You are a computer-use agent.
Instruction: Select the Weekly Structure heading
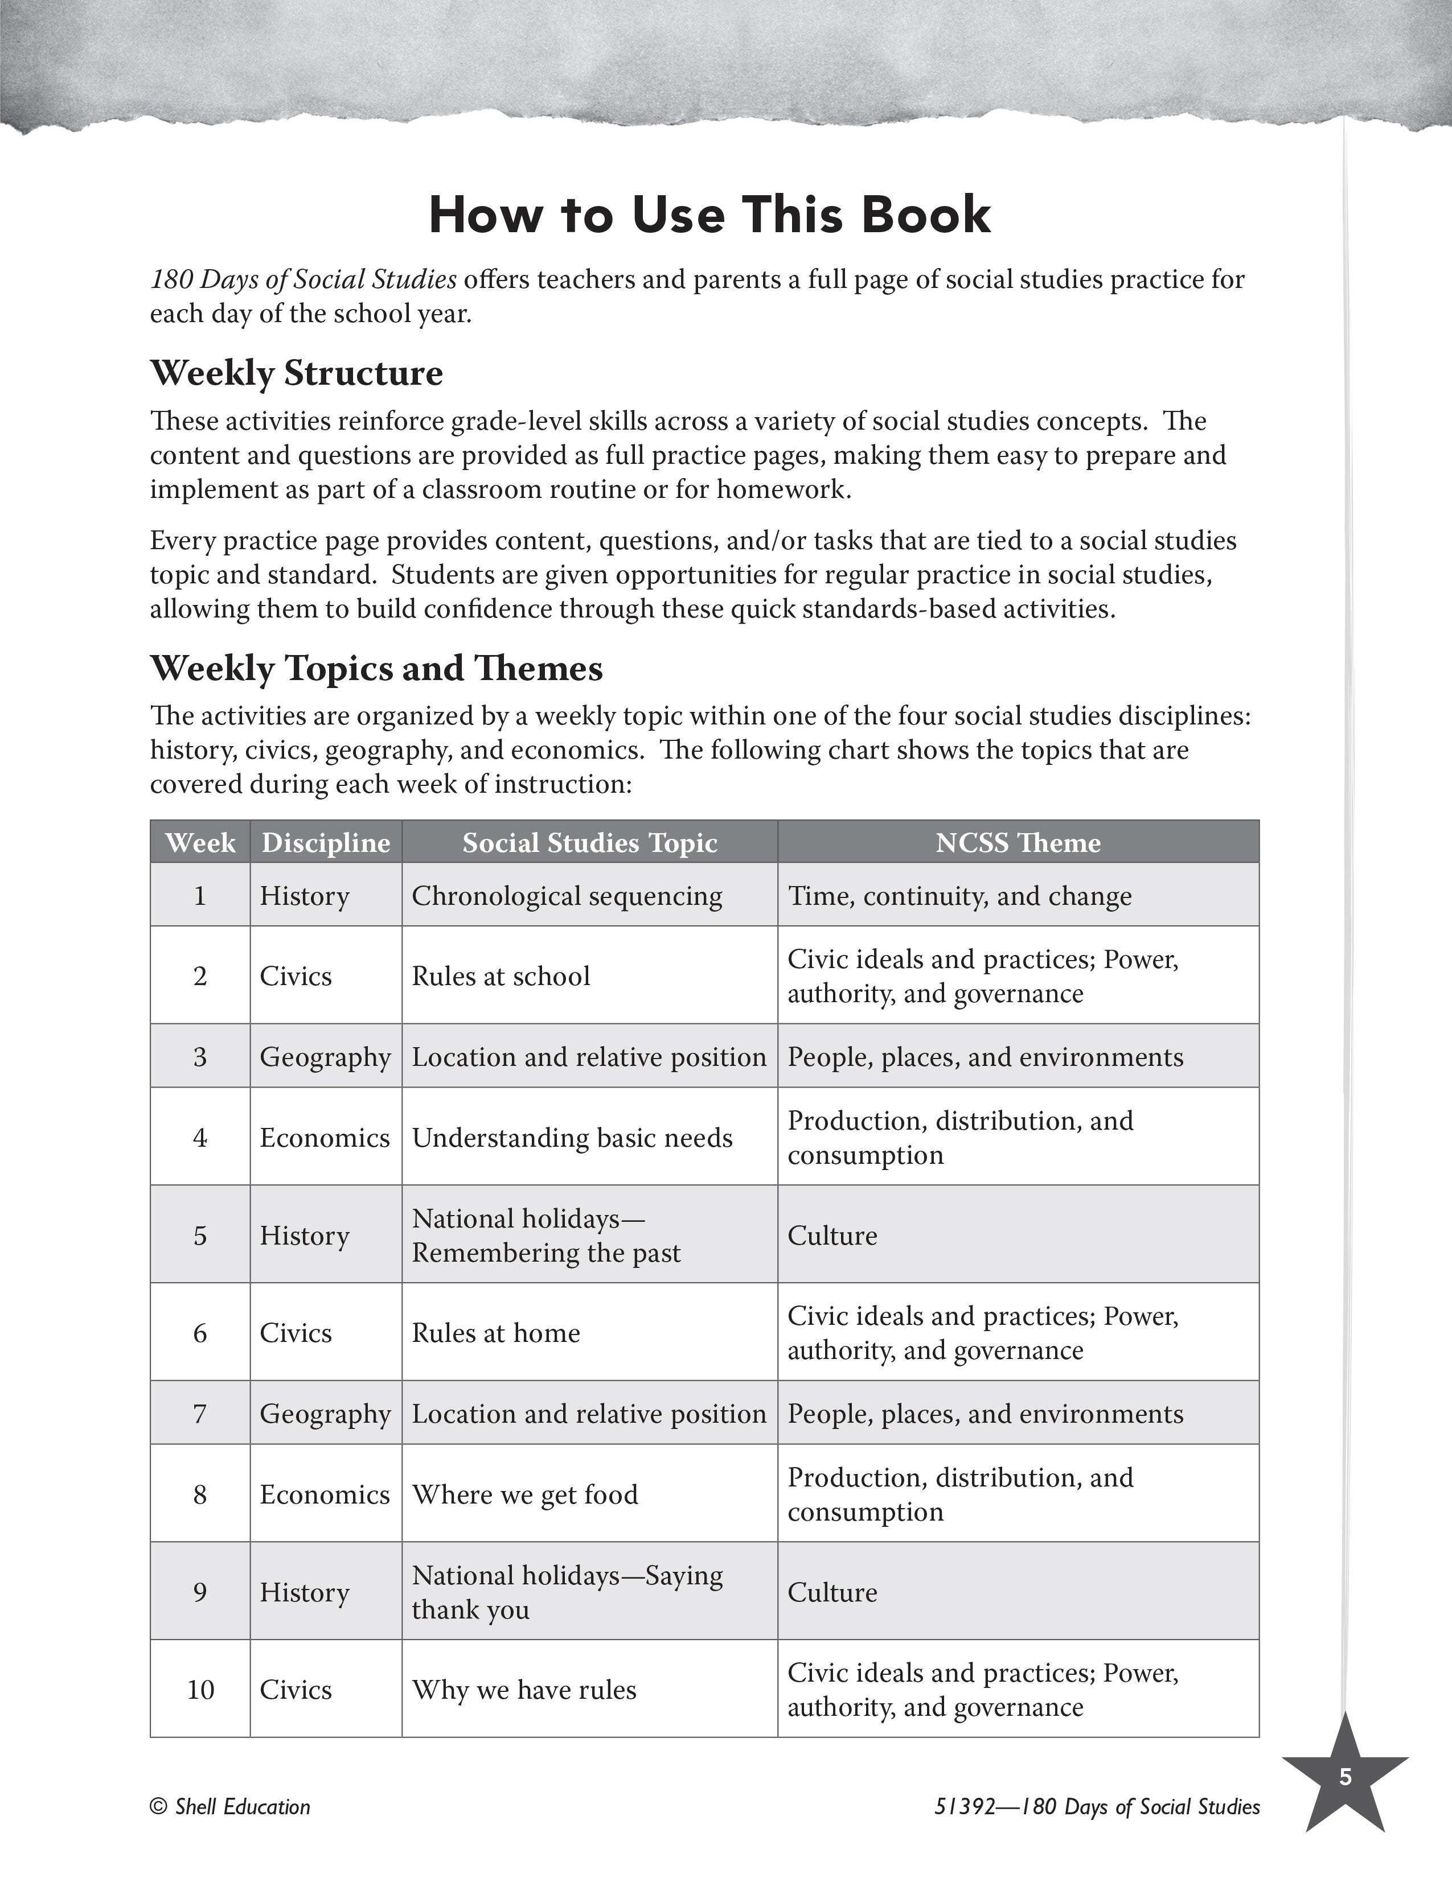(x=296, y=373)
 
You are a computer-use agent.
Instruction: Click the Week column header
(x=199, y=843)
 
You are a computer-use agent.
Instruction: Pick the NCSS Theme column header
(x=1018, y=843)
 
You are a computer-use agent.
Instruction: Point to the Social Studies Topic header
(x=589, y=843)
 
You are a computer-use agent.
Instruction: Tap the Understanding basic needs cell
(x=572, y=1138)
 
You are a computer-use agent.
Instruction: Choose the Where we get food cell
(x=525, y=1494)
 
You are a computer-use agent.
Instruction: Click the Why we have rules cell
(x=524, y=1690)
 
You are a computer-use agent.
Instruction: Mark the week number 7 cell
(x=199, y=1414)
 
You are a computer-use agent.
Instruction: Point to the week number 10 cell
(x=199, y=1690)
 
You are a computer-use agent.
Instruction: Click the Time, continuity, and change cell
(x=959, y=896)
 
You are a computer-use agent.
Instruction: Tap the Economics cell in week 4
(x=325, y=1138)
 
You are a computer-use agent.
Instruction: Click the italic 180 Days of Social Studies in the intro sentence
(x=303, y=279)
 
